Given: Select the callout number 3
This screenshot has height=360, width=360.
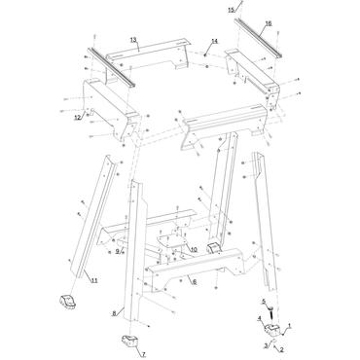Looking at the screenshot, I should pyautogui.click(x=264, y=345).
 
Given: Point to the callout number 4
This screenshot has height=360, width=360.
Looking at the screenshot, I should pyautogui.click(x=259, y=318).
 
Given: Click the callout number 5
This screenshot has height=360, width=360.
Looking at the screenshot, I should pyautogui.click(x=262, y=303).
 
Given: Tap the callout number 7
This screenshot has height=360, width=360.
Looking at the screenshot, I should pyautogui.click(x=143, y=356).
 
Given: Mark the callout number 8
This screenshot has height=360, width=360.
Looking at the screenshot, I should pyautogui.click(x=114, y=313).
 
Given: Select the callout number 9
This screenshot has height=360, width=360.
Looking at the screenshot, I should pyautogui.click(x=117, y=251).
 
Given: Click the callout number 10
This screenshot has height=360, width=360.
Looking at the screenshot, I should pyautogui.click(x=194, y=249).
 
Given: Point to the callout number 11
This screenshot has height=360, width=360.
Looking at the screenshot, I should pyautogui.click(x=94, y=280).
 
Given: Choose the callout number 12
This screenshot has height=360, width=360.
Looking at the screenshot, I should pyautogui.click(x=76, y=118).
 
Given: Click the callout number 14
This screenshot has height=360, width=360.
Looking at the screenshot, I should pyautogui.click(x=214, y=41).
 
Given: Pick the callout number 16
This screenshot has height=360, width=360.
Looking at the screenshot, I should pyautogui.click(x=268, y=22).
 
